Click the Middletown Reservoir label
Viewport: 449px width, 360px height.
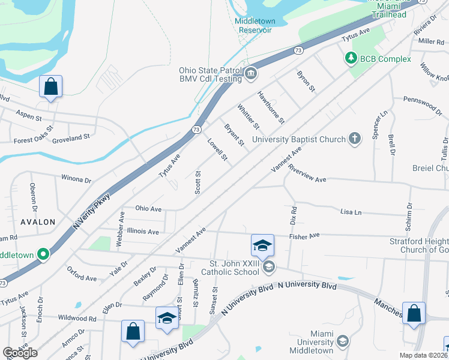tap(254, 25)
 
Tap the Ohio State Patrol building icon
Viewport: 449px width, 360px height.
tap(251, 74)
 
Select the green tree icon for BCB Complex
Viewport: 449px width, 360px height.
tap(350, 58)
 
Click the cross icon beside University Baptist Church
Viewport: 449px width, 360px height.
tap(355, 139)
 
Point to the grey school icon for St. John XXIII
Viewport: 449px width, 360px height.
tap(269, 268)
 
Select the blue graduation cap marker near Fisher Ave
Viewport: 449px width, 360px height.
tap(262, 245)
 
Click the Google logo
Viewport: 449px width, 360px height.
tap(20, 353)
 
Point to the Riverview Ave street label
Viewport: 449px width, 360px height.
tap(307, 174)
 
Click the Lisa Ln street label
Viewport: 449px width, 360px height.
tap(351, 212)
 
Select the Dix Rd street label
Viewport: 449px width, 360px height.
tap(294, 217)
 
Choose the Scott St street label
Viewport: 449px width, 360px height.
tap(197, 181)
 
